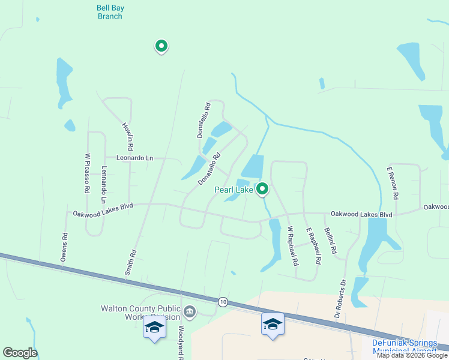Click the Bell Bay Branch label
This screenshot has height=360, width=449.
[110, 12]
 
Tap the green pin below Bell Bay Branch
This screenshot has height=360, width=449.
[161, 45]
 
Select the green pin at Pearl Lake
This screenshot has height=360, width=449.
[262, 189]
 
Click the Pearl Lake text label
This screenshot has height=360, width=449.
[234, 190]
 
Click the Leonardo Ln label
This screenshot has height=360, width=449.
[134, 158]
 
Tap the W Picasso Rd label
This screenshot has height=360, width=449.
[87, 173]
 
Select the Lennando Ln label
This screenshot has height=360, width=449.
[104, 184]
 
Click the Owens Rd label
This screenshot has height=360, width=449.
[64, 247]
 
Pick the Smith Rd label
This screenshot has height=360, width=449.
[130, 262]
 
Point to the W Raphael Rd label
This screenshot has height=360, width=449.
[292, 245]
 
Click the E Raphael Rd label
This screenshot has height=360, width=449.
[314, 247]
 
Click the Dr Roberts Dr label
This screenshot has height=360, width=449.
[340, 298]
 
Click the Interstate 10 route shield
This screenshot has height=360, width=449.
[223, 301]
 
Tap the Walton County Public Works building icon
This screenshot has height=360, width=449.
[190, 311]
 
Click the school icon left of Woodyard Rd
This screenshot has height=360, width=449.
[154, 327]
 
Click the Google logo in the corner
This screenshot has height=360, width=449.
[20, 353]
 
